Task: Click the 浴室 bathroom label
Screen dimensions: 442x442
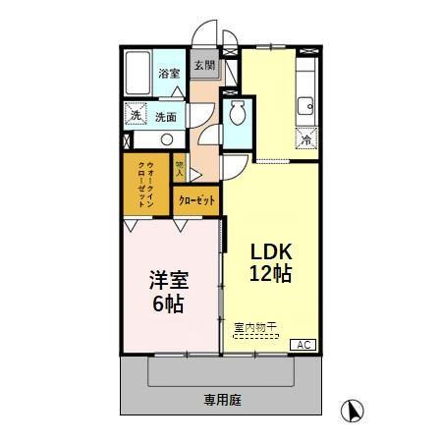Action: click(170, 74)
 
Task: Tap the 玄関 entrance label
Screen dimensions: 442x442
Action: click(203, 66)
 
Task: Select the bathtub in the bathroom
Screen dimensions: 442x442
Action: click(140, 73)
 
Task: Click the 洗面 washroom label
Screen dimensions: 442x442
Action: click(166, 117)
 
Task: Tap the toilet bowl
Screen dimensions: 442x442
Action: click(237, 117)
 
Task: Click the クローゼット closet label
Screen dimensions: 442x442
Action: click(197, 199)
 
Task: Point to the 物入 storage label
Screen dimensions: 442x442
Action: click(180, 167)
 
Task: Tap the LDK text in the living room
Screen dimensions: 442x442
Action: click(268, 249)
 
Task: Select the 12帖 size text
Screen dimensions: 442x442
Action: click(268, 274)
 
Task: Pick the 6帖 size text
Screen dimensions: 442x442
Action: click(167, 304)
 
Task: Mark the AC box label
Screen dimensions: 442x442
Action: click(304, 344)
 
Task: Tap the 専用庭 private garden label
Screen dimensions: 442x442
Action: click(223, 400)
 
